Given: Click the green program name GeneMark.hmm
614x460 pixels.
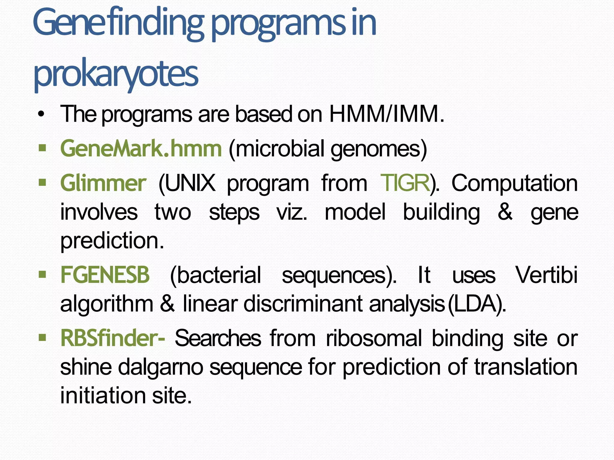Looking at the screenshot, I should point(141,149).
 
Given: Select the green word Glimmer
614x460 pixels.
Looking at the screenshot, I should point(103,183).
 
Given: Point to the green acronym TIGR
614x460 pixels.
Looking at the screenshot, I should point(405,183).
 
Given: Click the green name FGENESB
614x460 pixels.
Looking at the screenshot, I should point(105,275).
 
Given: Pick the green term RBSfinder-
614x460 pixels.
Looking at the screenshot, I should point(113,338).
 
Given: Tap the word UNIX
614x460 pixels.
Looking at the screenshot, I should point(187,183).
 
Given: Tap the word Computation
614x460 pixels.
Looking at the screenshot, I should point(514,183).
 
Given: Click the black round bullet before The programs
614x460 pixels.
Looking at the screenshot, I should point(41,115).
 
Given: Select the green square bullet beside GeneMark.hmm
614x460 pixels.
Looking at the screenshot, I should point(42,148).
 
